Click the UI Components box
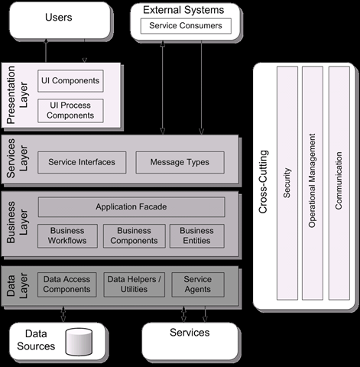70,81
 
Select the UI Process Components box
70,111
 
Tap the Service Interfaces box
82,162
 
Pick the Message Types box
180,162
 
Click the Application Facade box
131,206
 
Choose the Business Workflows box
67,236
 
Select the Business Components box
135,236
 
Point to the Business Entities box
197,236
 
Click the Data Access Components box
67,284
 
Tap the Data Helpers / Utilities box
135,284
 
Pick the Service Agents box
198,284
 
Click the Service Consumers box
186,26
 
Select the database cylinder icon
79,342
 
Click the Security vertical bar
287,183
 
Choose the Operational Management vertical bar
313,183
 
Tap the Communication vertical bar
339,183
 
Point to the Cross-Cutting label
263,182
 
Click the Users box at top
60,21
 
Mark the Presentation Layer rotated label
18,95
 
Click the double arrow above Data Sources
63,314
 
